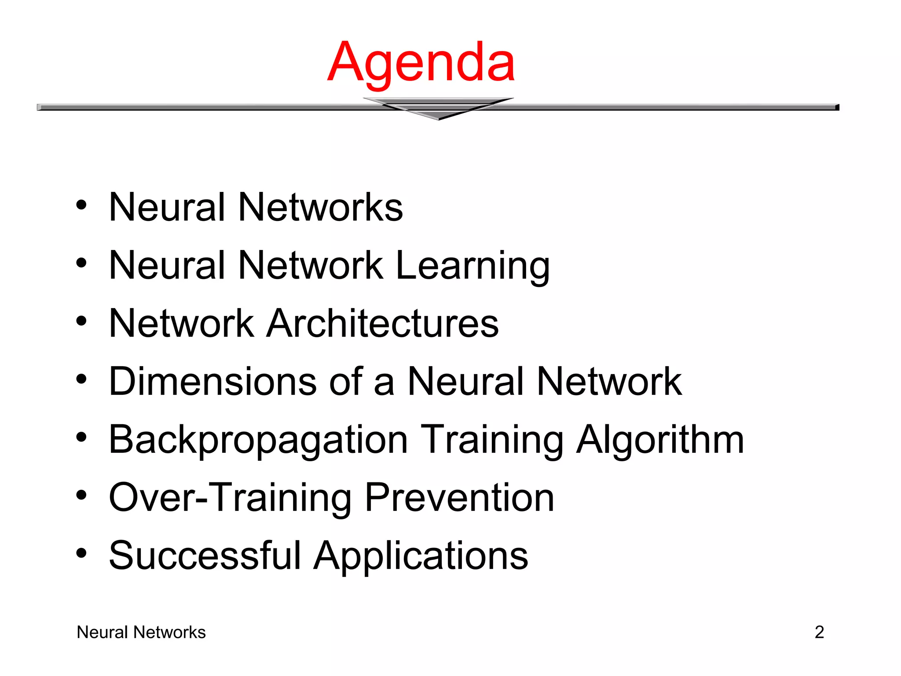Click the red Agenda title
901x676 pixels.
[421, 62]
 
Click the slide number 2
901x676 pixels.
[819, 632]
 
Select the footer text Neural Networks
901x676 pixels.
[141, 632]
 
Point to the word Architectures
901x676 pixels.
[383, 323]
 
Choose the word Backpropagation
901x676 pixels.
[258, 440]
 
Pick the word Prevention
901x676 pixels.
[459, 497]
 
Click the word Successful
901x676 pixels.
[205, 555]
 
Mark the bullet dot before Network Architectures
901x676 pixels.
[81, 321]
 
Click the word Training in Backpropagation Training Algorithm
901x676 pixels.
[492, 440]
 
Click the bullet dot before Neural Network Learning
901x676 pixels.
[81, 263]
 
